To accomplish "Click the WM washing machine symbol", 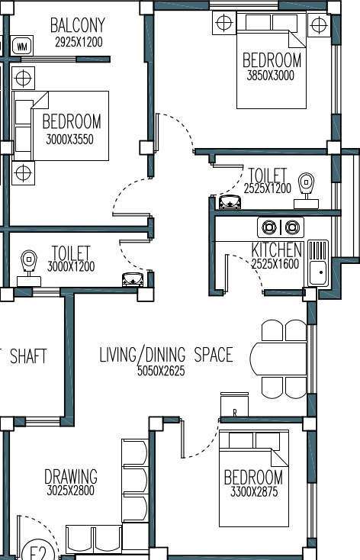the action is point(22,46).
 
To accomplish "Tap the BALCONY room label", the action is point(78,25).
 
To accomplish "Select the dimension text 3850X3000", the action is point(271,76).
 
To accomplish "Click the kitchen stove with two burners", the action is point(281,227).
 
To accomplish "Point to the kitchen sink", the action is point(318,263).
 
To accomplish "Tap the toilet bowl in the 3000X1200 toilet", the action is point(29,268).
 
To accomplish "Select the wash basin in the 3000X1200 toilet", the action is point(133,279).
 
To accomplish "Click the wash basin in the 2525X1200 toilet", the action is point(230,201).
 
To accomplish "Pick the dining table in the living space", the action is point(278,359).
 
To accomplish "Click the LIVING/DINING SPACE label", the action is point(166,355).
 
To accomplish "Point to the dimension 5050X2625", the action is point(161,371).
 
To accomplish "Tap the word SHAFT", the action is point(28,356).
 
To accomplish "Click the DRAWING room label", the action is point(71,476).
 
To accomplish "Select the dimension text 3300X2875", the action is point(254,492).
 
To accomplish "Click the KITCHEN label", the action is point(277,249).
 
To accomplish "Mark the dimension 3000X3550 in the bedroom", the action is point(70,140).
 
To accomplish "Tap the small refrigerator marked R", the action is point(234,404).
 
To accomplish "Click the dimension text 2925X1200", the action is point(79,42).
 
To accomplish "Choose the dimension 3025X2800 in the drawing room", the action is point(71,491).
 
